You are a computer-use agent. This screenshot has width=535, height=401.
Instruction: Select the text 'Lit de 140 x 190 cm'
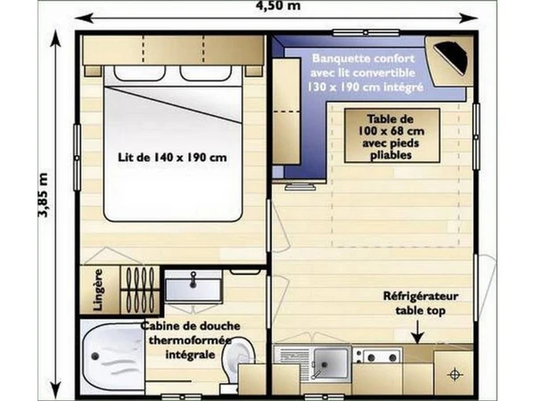pyautogui.click(x=172, y=157)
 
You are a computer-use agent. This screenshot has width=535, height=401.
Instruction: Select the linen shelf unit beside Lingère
pyautogui.click(x=140, y=290)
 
